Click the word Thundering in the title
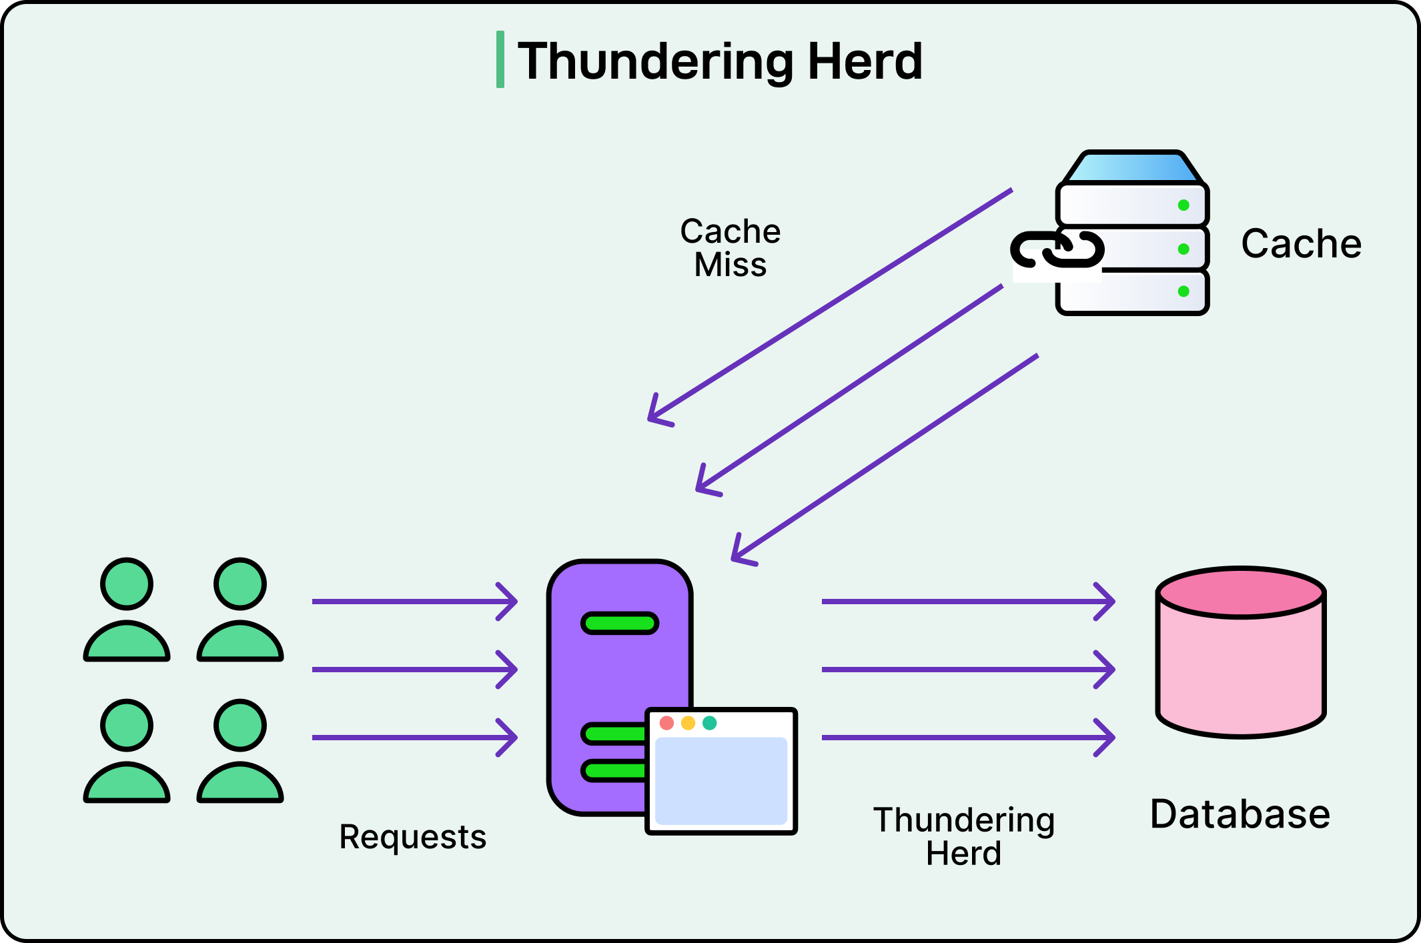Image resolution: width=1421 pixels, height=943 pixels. point(657,61)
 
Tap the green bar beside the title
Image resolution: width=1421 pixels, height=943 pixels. point(500,59)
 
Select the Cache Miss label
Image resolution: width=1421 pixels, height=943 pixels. point(730,247)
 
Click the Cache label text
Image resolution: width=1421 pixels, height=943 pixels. point(1301,243)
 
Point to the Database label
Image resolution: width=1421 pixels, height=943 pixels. point(1240,814)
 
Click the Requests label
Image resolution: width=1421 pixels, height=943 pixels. point(412,837)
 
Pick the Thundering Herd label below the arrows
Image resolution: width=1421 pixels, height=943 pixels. point(963,836)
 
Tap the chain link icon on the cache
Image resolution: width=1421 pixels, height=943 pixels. point(1057,249)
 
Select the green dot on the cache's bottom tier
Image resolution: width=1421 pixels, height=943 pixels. point(1183,291)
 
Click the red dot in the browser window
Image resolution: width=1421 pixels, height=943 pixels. point(666,723)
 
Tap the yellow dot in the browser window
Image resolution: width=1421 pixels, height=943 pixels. point(688,723)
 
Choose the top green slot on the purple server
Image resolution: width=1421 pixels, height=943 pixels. point(619,624)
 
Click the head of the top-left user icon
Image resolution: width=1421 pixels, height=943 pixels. point(127,584)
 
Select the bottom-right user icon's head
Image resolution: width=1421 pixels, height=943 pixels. point(240,726)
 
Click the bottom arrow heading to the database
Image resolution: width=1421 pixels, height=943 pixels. point(967,738)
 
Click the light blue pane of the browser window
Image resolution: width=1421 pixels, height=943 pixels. point(721,780)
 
